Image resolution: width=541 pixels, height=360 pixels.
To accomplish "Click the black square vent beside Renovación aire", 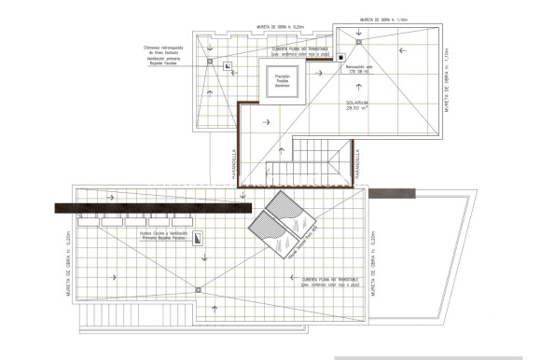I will click(341, 58).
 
